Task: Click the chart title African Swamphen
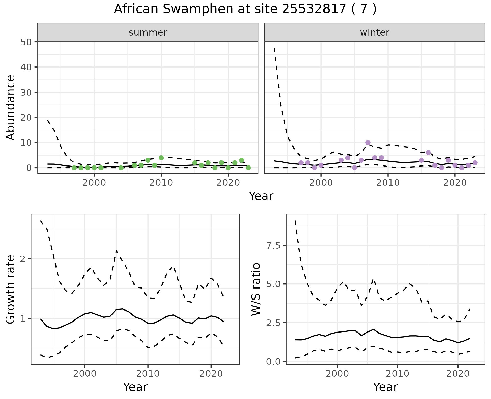point(245,9)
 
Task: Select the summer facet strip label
point(148,32)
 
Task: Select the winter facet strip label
point(374,32)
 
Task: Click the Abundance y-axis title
point(11,107)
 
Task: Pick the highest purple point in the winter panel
point(368,142)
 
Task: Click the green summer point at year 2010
point(161,158)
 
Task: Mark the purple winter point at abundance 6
point(428,153)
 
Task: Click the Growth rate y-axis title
point(11,289)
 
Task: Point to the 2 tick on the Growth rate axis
point(24,259)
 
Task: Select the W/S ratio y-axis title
point(256,289)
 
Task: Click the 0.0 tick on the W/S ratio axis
point(274,362)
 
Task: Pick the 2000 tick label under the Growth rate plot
point(85,374)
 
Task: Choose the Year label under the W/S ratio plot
point(385,387)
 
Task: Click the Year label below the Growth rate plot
point(135,387)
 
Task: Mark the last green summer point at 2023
point(248,168)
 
